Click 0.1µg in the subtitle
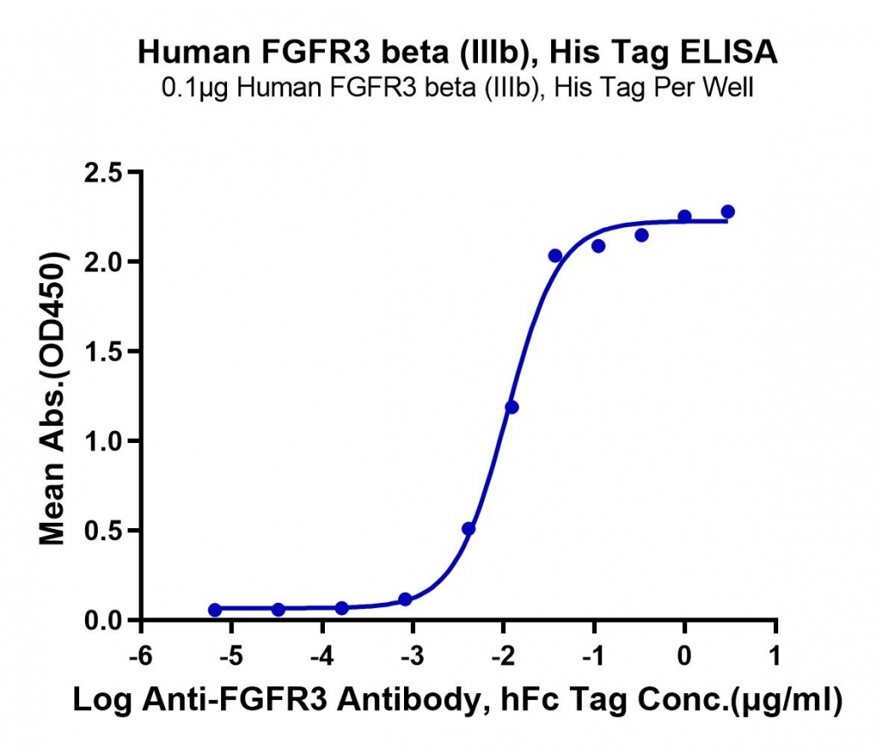195,88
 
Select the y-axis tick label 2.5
104,173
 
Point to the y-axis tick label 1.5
104,351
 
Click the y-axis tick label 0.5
104,531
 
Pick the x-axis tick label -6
141,656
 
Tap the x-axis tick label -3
412,656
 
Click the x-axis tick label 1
775,656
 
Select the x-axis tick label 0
685,656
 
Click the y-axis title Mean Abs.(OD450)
52,398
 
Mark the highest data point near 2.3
728,212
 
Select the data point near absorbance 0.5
469,529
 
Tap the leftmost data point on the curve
215,610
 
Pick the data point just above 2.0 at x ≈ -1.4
555,256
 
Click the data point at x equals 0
685,216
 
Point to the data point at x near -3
406,599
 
